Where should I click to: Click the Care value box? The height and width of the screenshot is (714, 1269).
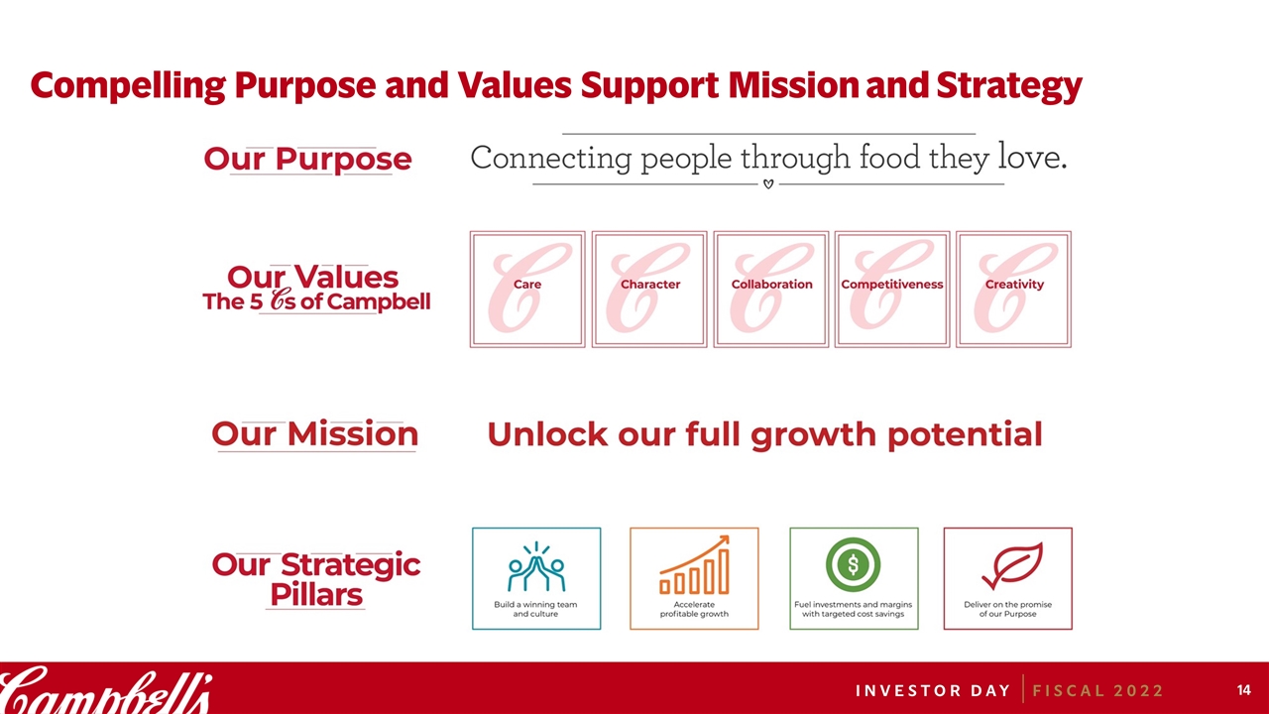tap(527, 289)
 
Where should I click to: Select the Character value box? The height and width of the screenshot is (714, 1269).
tap(649, 289)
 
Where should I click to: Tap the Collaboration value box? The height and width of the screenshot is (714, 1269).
tap(771, 289)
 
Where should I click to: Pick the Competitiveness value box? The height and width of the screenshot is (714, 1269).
tap(892, 289)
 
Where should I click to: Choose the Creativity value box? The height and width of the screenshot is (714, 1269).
tap(1013, 289)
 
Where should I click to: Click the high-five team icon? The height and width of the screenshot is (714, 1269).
tap(536, 566)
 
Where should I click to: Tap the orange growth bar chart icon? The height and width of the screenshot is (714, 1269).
tap(695, 565)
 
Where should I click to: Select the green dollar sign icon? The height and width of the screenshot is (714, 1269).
tap(854, 564)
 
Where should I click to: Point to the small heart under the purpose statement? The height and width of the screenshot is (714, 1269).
tap(768, 184)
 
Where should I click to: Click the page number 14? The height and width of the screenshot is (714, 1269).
tap(1243, 690)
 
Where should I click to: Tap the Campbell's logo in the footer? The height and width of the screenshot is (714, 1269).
tap(106, 689)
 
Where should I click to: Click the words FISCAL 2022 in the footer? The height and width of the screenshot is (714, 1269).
tap(1097, 691)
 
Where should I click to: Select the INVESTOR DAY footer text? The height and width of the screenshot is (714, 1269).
tap(933, 691)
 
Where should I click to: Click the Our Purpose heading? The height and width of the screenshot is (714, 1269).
tap(307, 160)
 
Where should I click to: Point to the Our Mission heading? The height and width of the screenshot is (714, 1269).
tap(315, 434)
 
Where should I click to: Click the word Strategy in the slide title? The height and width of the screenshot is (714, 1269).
tap(1009, 86)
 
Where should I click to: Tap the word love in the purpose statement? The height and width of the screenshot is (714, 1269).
tap(1032, 157)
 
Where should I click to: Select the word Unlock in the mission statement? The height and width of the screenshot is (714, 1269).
tap(547, 434)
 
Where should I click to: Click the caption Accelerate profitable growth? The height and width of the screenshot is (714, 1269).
tap(694, 609)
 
